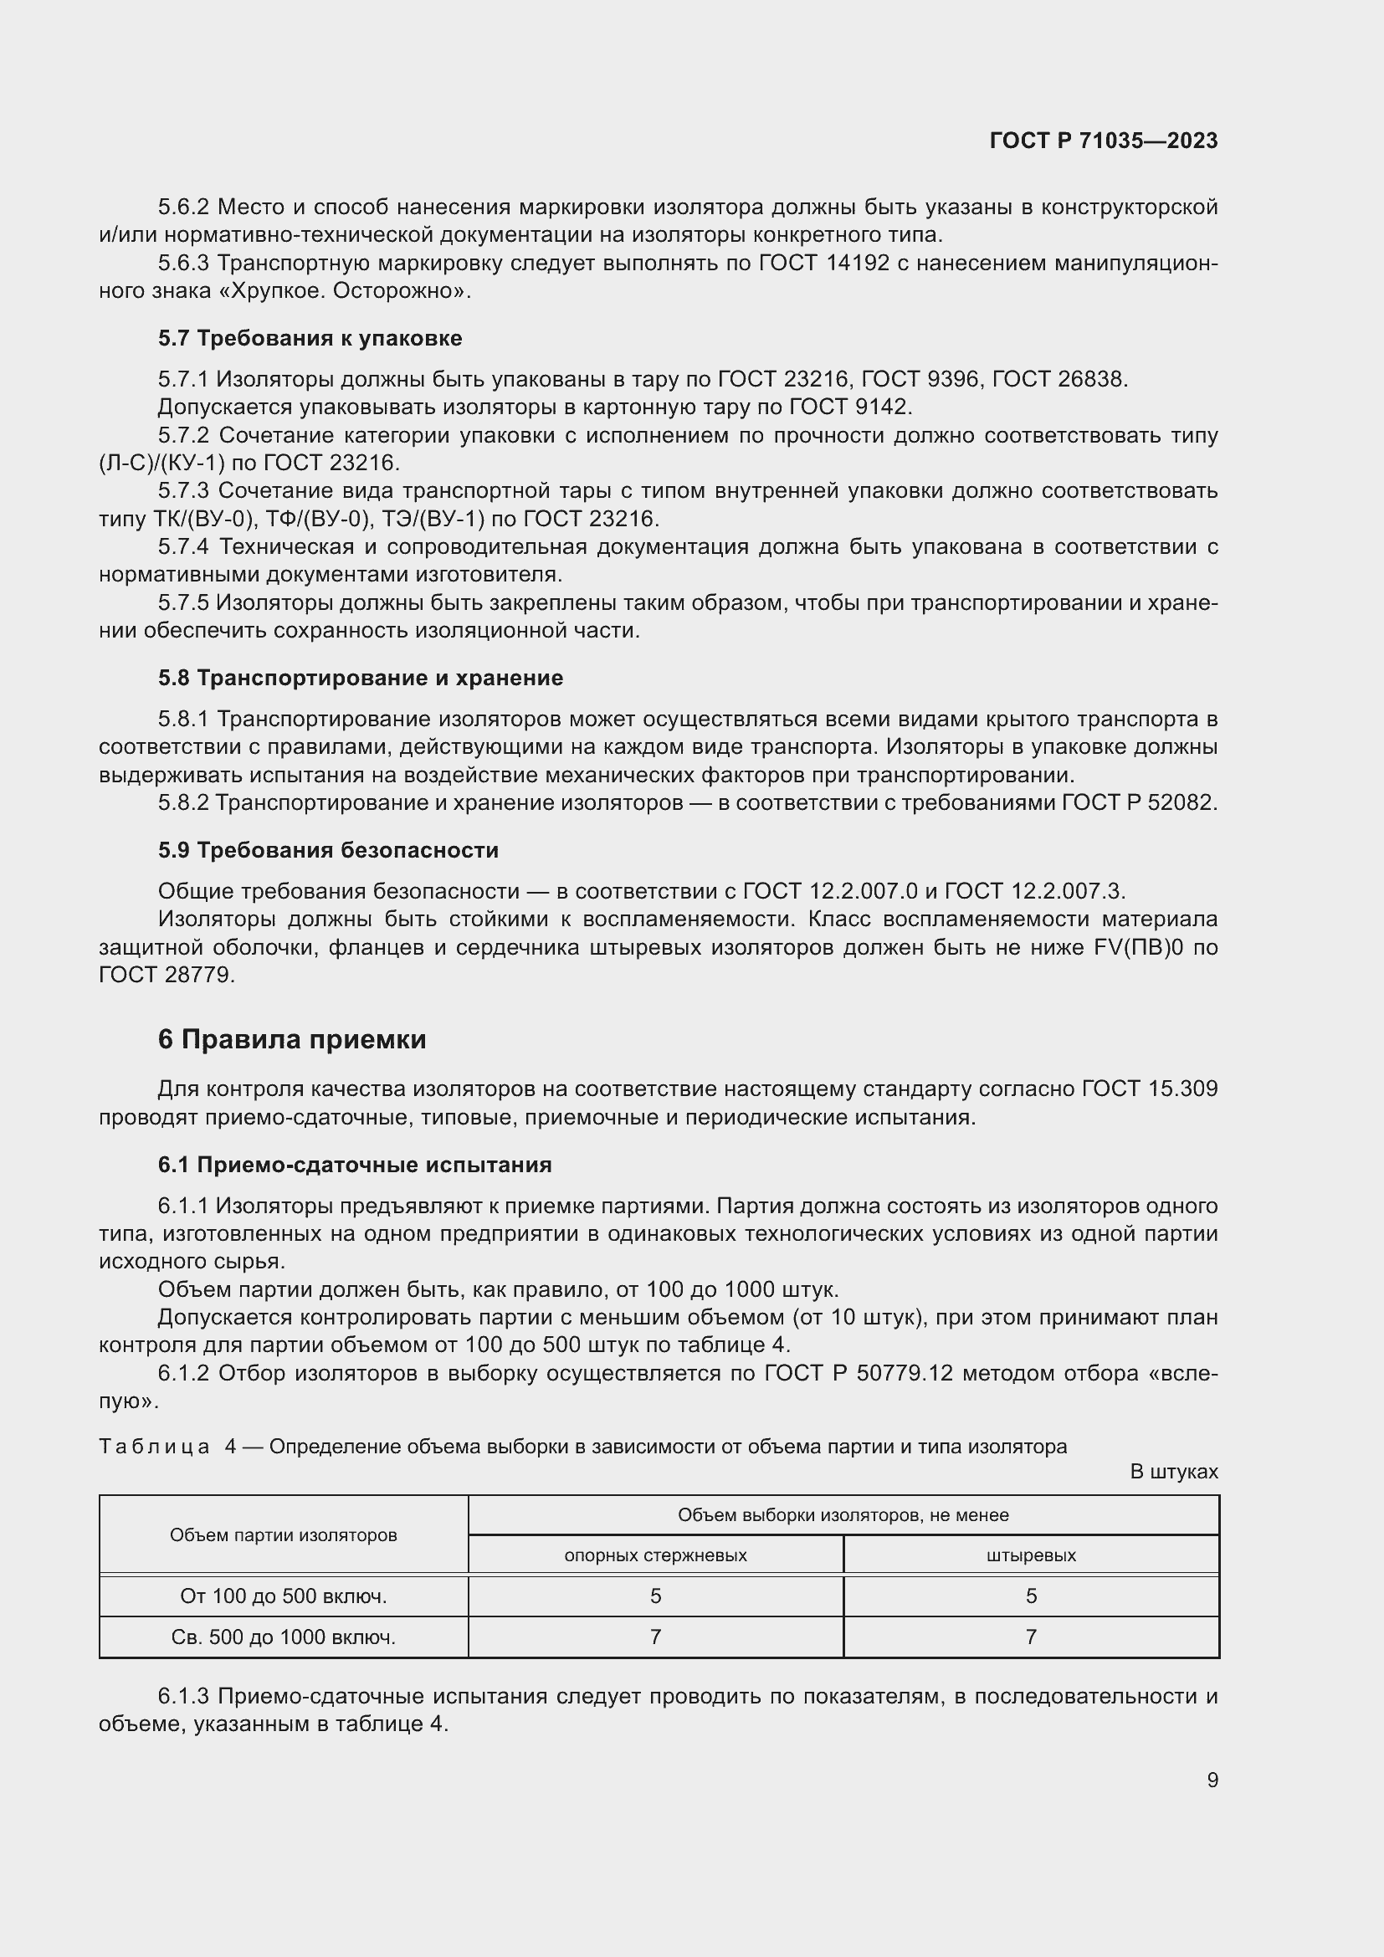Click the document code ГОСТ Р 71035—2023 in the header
click(1103, 141)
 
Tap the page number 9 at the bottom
click(1212, 1780)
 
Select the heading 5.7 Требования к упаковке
click(310, 338)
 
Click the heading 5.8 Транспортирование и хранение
click(360, 678)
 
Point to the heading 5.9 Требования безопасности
click(327, 850)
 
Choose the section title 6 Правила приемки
click(291, 1039)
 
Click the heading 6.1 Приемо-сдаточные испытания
click(355, 1165)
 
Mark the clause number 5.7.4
click(182, 546)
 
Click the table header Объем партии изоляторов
click(283, 1535)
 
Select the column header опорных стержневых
click(654, 1555)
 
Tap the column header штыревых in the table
click(1030, 1555)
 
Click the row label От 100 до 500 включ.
click(283, 1596)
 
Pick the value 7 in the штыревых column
click(1030, 1637)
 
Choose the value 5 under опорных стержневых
click(654, 1596)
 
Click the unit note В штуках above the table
click(1172, 1472)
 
